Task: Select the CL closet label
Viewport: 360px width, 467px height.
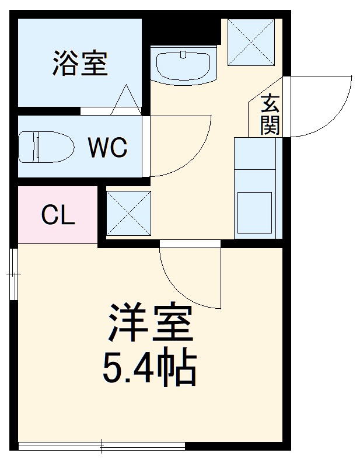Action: pos(58,215)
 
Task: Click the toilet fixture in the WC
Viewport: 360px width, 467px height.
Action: pos(43,146)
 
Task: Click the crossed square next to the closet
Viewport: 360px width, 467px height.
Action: pos(128,213)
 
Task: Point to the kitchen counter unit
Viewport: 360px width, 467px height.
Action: pos(254,187)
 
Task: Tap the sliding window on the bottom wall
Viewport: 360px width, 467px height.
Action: pos(102,447)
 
